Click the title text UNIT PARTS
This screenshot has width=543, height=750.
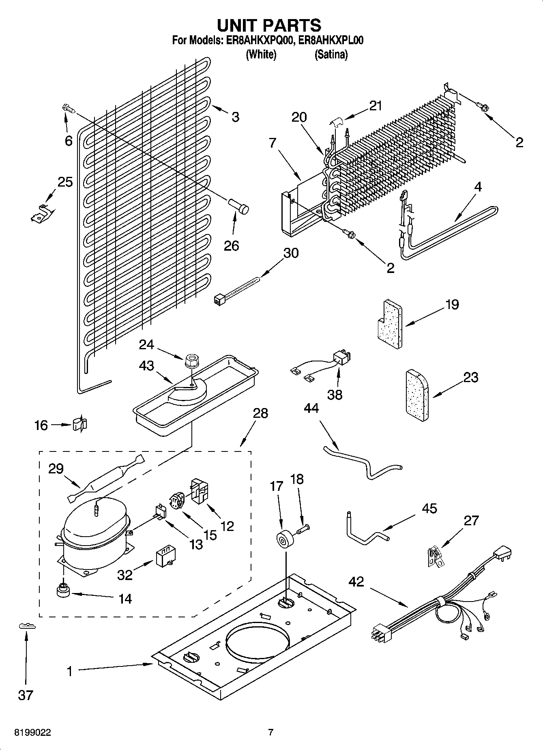[269, 25]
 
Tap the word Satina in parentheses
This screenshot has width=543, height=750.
[331, 54]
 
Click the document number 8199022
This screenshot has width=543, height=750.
[32, 733]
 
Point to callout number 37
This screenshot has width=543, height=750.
[25, 695]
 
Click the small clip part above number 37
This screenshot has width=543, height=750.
[27, 627]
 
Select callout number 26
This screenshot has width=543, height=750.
[232, 245]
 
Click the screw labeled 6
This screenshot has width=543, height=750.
[69, 109]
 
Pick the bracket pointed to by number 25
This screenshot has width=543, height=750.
[41, 213]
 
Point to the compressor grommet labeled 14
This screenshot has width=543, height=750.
[63, 591]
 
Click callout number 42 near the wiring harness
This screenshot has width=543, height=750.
[356, 582]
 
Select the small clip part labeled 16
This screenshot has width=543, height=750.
[80, 425]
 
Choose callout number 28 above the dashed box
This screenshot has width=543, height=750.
[260, 413]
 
